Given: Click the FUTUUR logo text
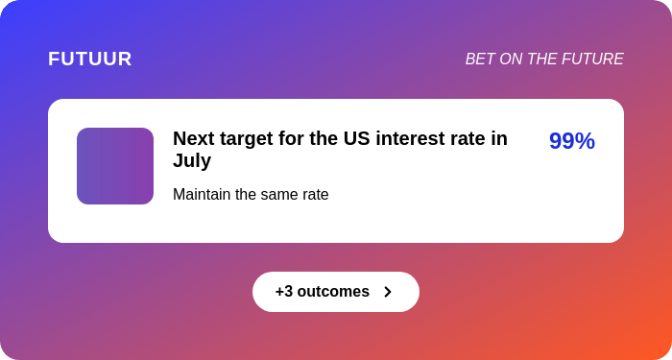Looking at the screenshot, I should click(x=90, y=59).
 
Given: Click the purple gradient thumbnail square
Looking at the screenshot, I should click(x=115, y=166).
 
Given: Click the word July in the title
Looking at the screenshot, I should click(x=192, y=160).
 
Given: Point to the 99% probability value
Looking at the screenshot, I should click(x=571, y=141).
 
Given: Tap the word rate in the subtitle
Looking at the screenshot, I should click(x=315, y=195).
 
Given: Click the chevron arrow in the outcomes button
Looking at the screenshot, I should click(x=388, y=292).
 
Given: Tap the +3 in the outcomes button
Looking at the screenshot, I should click(x=284, y=292).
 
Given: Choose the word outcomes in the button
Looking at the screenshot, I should click(x=333, y=292).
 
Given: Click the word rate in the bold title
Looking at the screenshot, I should click(x=468, y=138).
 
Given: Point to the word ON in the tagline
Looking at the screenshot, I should click(x=512, y=60).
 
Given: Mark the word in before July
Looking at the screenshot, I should click(x=498, y=138).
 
